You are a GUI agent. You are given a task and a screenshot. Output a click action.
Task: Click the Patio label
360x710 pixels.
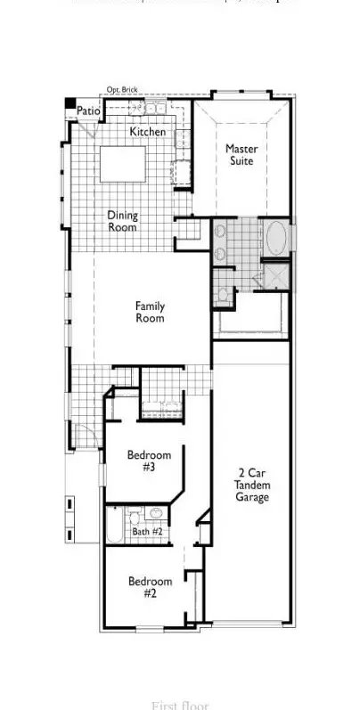(x=87, y=110)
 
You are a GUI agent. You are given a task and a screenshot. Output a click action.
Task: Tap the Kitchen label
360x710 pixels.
(x=147, y=132)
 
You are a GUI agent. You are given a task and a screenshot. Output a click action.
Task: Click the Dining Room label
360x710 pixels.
(x=123, y=221)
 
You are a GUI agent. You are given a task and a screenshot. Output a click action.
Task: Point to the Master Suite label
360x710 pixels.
(x=241, y=155)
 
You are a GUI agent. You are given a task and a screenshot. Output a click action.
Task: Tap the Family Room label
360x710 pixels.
(x=150, y=313)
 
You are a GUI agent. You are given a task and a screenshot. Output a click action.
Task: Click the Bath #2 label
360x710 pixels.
(x=147, y=532)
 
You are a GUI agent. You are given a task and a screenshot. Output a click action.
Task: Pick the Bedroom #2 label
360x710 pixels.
(x=143, y=588)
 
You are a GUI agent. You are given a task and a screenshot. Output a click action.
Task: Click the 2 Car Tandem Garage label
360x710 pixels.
(x=252, y=485)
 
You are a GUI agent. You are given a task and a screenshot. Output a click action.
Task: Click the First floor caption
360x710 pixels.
(x=181, y=705)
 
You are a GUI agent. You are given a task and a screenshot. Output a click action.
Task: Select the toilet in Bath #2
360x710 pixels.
(x=155, y=514)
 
